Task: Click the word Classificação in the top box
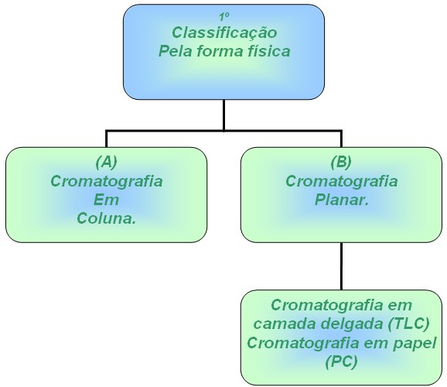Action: click(224, 33)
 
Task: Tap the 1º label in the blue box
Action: click(224, 17)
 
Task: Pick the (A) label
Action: click(106, 163)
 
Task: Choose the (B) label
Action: click(341, 163)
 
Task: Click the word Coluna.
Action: click(106, 218)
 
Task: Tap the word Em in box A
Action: click(106, 200)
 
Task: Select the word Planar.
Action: click(342, 200)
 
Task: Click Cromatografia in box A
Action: click(107, 181)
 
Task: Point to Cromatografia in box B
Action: click(342, 181)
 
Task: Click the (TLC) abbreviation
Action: click(409, 324)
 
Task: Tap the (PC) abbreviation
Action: click(342, 362)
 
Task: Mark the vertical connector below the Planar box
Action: click(341, 266)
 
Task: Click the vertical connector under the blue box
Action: click(224, 115)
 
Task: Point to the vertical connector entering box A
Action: click(106, 139)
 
